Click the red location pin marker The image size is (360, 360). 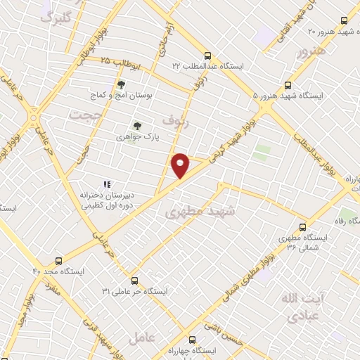tap(181, 165)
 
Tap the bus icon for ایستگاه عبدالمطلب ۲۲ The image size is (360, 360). tap(207, 56)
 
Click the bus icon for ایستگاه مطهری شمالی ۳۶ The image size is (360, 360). tap(302, 226)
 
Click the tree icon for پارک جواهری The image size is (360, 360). tap(136, 125)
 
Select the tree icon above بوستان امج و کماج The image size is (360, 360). tap(121, 84)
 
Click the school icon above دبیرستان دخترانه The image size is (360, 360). tap(107, 165)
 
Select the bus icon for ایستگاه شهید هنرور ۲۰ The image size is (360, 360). tap(344, 20)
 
